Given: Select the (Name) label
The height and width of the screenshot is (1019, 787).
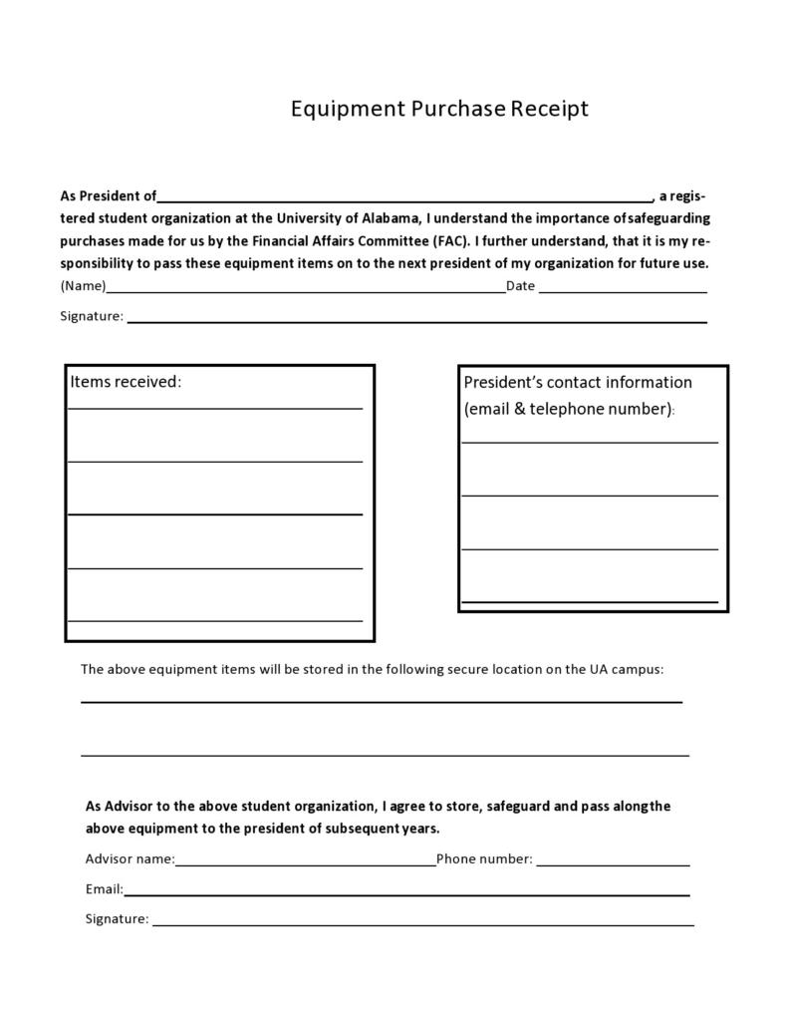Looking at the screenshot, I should click(x=83, y=286).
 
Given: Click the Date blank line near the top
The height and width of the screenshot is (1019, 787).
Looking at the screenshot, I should click(x=623, y=290).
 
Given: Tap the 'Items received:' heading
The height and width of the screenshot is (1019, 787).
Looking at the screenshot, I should click(x=126, y=382).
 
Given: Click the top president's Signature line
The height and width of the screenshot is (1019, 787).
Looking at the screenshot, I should click(x=416, y=321).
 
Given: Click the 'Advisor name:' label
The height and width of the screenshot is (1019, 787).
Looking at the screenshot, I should click(x=130, y=859).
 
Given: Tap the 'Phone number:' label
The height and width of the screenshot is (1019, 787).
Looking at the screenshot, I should click(x=484, y=859).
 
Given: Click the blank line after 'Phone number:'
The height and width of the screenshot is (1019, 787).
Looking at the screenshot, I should click(x=613, y=864).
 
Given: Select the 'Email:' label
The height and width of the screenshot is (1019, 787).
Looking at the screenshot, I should click(x=105, y=889).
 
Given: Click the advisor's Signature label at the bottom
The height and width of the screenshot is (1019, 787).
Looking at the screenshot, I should click(x=117, y=919).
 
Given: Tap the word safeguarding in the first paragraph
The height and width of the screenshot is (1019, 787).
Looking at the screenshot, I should click(x=669, y=218).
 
